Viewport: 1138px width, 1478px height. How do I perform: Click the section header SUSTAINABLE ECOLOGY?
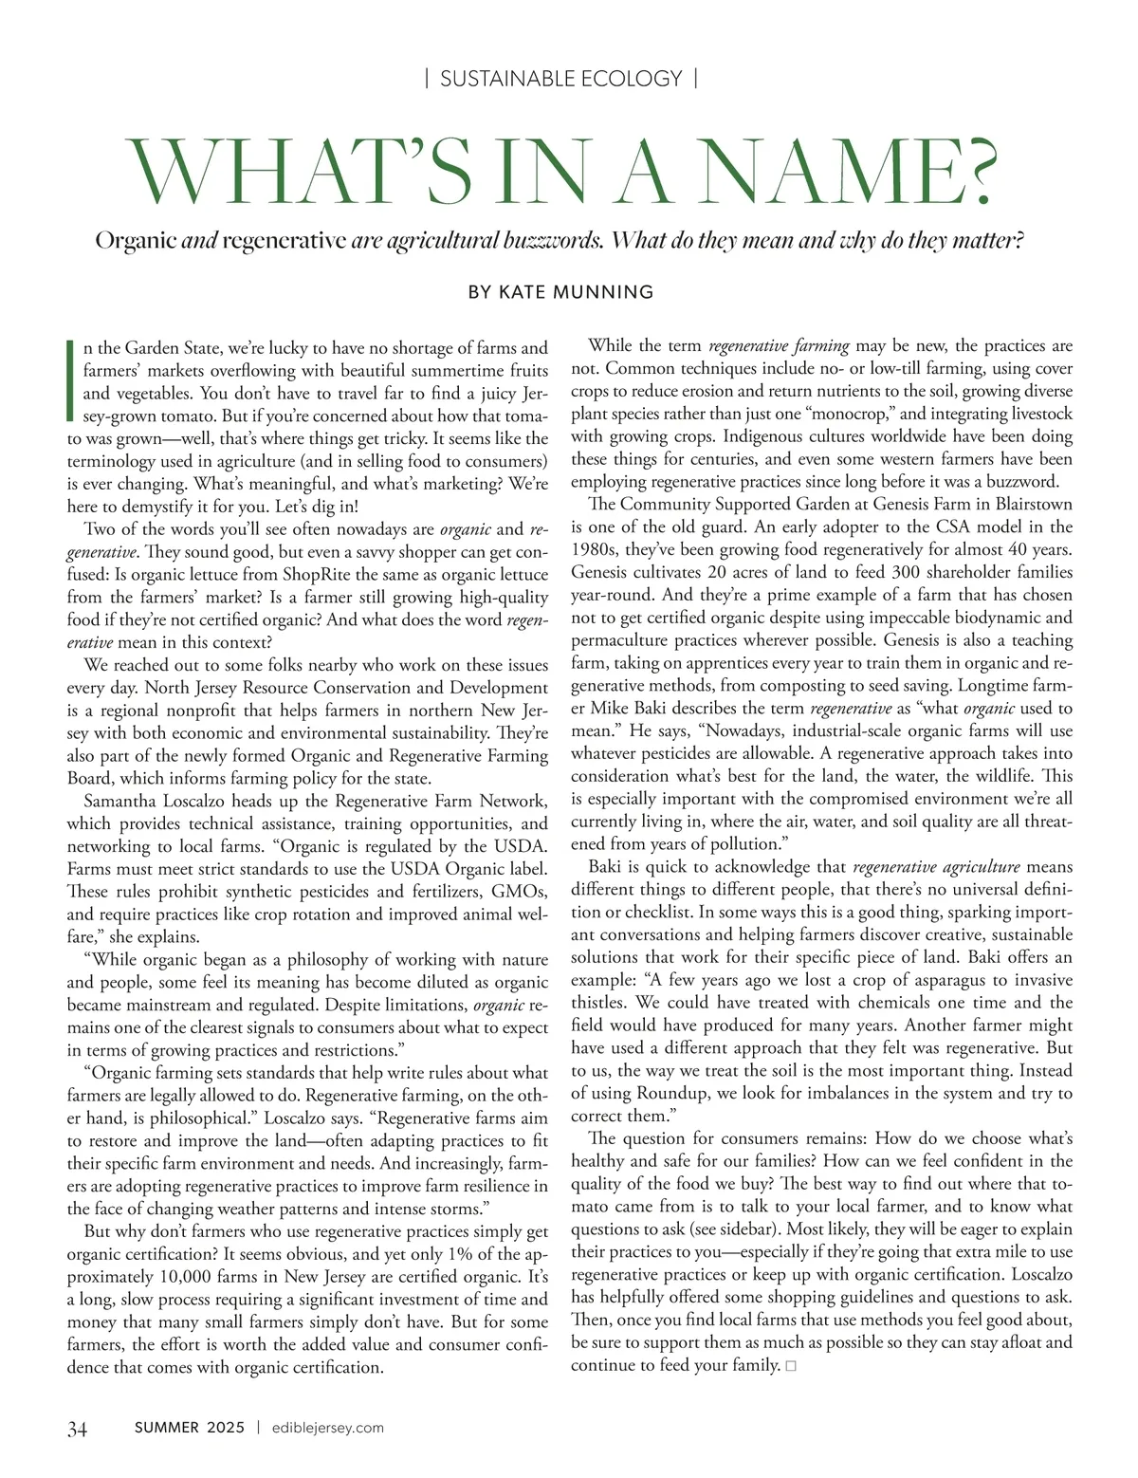[x=561, y=79]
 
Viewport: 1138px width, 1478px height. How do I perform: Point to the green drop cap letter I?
[x=71, y=379]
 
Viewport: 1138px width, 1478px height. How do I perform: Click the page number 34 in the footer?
[x=78, y=1429]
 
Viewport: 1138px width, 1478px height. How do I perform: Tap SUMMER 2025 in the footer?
[x=190, y=1428]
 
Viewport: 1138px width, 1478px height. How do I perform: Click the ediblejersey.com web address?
[x=327, y=1428]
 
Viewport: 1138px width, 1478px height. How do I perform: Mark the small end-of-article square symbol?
[x=791, y=1366]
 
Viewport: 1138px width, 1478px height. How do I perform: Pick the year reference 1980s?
[x=597, y=549]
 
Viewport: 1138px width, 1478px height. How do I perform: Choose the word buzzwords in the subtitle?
[x=555, y=240]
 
